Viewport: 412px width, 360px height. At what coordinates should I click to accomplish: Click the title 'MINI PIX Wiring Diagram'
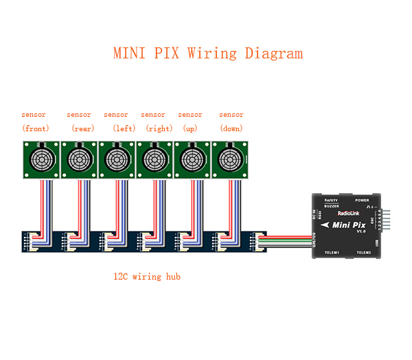click(207, 54)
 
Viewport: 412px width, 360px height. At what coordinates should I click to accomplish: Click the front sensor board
click(42, 159)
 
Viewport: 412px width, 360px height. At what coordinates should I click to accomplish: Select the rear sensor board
click(79, 159)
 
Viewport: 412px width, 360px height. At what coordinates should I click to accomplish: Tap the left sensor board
click(116, 159)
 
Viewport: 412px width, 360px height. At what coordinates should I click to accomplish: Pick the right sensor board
click(153, 159)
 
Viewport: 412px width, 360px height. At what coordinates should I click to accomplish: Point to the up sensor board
click(190, 159)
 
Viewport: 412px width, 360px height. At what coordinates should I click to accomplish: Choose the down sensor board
click(228, 159)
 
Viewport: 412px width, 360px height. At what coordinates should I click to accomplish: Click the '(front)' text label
click(36, 128)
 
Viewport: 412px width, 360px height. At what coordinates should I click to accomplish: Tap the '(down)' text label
click(231, 128)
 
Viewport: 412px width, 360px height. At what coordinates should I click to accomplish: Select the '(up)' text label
click(190, 128)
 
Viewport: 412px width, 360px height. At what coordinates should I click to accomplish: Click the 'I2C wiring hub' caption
click(147, 277)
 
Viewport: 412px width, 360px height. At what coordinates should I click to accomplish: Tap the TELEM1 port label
click(332, 253)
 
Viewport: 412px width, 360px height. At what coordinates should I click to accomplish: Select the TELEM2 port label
click(363, 253)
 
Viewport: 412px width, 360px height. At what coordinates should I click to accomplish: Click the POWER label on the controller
click(362, 200)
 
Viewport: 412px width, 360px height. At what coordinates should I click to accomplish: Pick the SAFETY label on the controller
click(331, 200)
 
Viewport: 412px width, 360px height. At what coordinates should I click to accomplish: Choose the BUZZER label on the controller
click(331, 205)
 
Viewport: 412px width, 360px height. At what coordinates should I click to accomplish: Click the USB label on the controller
click(376, 242)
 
